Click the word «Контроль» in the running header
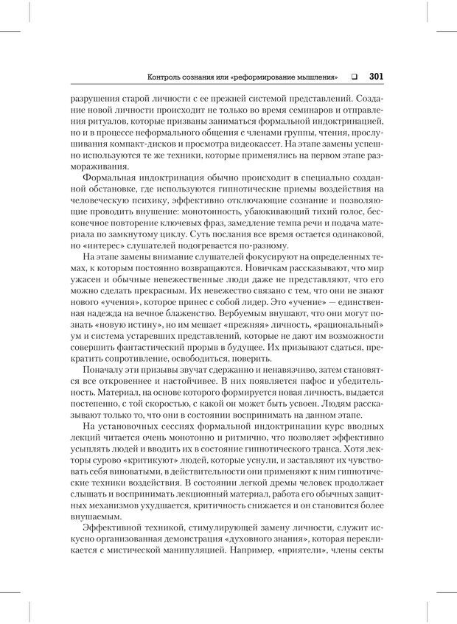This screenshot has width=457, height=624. point(166,76)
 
